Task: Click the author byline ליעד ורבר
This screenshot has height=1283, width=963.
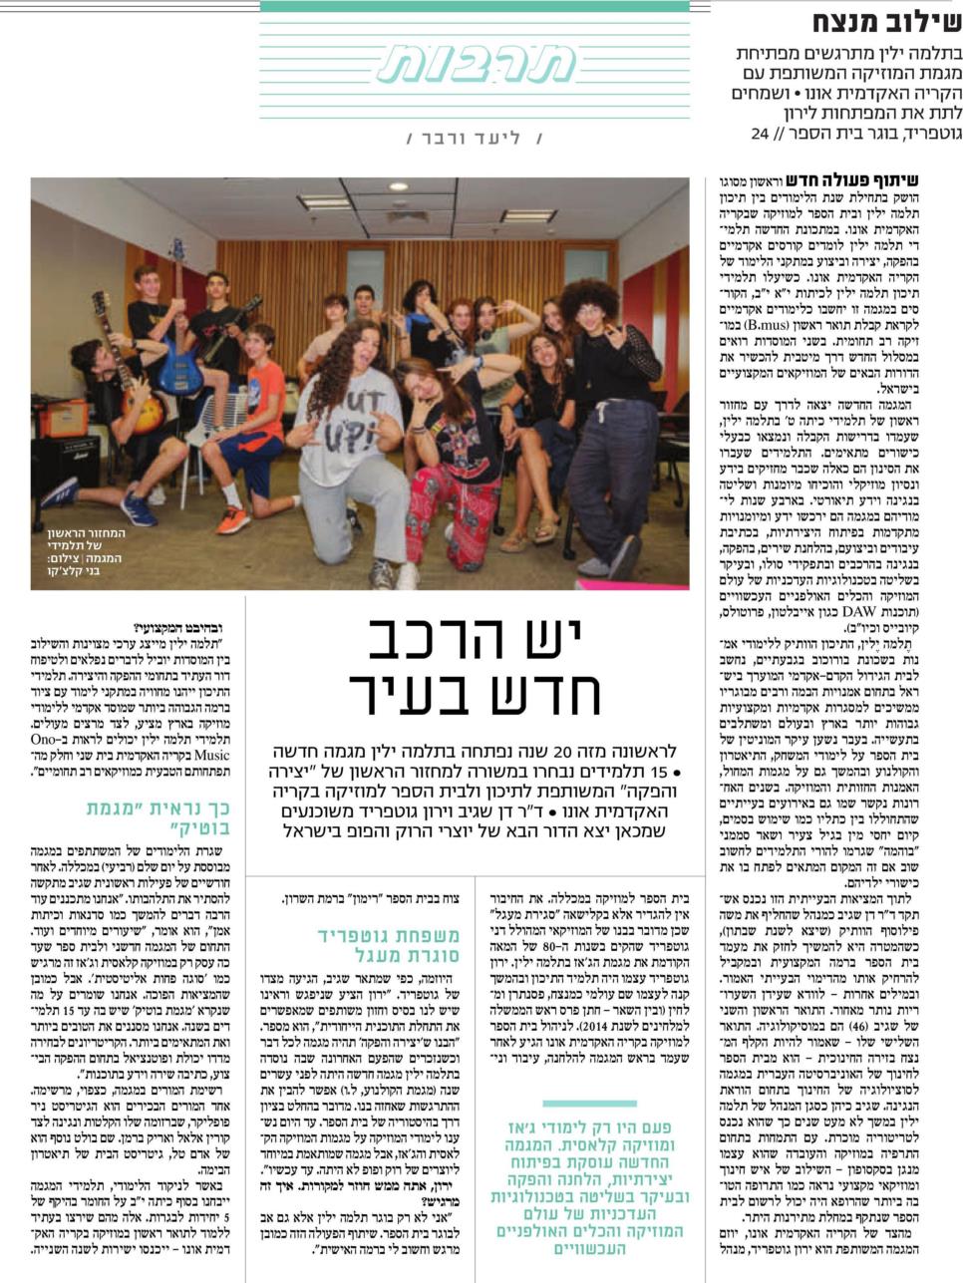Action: (x=476, y=139)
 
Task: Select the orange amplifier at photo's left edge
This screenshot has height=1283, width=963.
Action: (x=63, y=419)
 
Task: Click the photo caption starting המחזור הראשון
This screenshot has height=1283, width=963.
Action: (x=87, y=551)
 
